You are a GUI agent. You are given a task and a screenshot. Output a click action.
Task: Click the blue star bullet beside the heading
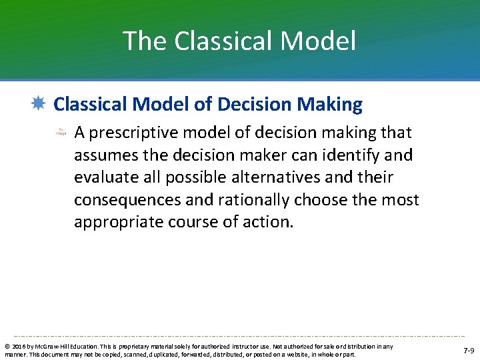pos(39,103)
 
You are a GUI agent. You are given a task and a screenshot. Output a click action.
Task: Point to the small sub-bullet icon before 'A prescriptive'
pos(61,133)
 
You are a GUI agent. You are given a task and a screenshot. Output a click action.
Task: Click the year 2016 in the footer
pos(17,347)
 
